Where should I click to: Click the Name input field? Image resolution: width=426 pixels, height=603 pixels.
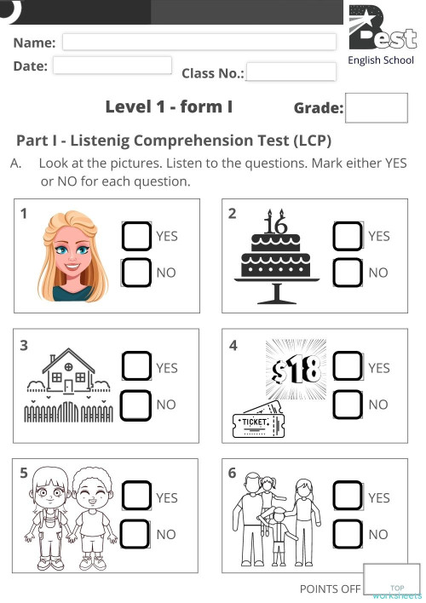point(199,42)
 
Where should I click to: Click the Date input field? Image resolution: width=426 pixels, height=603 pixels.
point(112,66)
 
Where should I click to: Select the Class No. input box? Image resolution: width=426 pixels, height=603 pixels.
point(291,72)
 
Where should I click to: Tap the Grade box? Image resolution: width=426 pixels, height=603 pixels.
point(371,109)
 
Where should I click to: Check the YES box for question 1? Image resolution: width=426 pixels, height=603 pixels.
point(137,236)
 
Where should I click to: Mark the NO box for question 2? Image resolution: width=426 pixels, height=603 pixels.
point(348,273)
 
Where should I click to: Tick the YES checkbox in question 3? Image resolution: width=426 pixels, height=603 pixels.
point(137,367)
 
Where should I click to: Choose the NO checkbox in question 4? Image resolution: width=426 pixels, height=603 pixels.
point(348,405)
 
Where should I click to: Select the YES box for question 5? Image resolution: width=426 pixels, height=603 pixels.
point(137,497)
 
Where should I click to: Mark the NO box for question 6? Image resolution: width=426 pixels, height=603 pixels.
point(348,535)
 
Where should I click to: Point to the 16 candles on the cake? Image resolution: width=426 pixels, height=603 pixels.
point(276,223)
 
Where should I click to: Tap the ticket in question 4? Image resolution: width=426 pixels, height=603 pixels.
point(256,423)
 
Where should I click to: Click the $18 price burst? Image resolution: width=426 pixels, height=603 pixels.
point(297,369)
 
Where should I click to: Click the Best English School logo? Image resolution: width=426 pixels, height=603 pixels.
point(381,32)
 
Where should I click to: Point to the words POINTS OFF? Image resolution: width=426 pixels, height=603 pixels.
point(330,589)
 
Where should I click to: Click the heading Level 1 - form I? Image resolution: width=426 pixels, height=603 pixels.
point(169,107)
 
